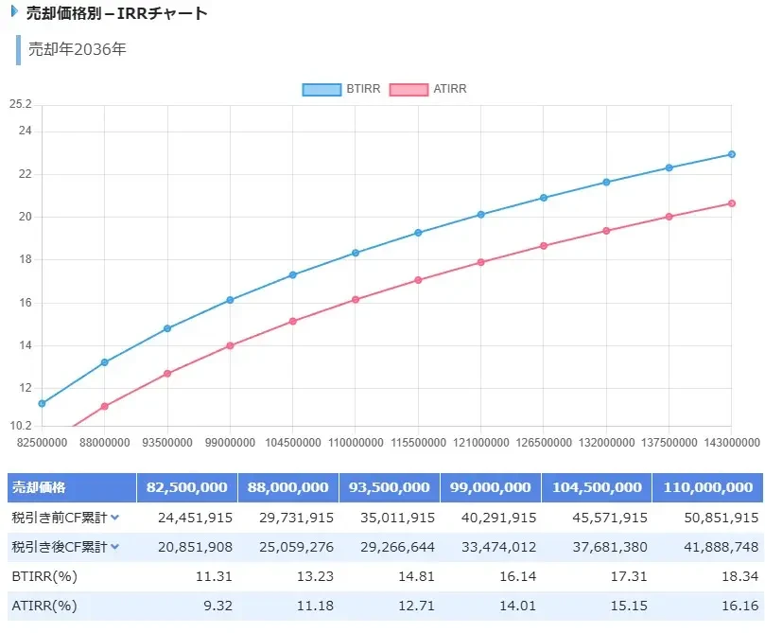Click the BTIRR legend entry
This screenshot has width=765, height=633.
(x=341, y=89)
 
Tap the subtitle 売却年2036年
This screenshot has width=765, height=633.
(x=77, y=49)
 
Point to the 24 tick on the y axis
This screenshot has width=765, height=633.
(x=25, y=132)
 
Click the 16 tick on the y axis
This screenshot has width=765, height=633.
(x=25, y=303)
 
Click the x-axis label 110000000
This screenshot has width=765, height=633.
(x=355, y=442)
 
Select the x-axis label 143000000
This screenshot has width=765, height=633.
(x=730, y=442)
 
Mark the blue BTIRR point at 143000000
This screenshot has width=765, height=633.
(x=732, y=154)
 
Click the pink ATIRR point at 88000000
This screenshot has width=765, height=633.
(x=105, y=407)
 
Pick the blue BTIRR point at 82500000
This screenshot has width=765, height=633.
(x=42, y=403)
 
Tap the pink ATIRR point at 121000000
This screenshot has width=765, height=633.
(x=480, y=262)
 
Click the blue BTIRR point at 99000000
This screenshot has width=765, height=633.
(x=230, y=300)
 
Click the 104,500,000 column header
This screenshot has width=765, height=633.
(x=597, y=487)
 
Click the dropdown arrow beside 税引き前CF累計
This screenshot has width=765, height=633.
(x=114, y=518)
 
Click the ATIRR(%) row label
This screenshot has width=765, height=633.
(x=43, y=606)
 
